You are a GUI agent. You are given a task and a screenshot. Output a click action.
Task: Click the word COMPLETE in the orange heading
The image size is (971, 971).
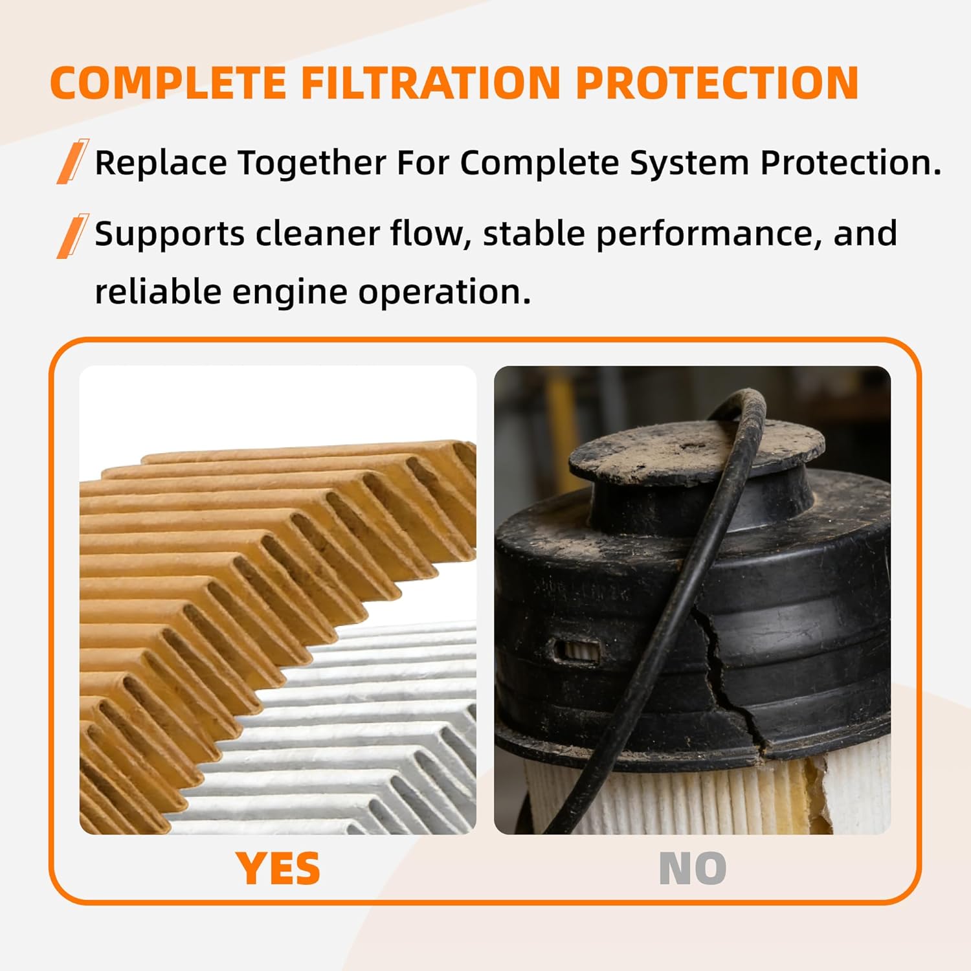(168, 84)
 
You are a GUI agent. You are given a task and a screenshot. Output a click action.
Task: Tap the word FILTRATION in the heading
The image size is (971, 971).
(430, 84)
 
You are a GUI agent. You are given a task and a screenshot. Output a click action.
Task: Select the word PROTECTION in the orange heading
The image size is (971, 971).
(717, 84)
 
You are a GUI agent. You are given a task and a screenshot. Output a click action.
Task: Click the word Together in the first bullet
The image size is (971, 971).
(312, 162)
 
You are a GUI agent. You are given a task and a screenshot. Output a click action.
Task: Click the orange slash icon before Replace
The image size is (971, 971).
(72, 161)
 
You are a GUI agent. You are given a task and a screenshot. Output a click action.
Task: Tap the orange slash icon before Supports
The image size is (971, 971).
(72, 236)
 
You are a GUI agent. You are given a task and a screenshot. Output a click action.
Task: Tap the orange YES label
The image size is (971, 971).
(278, 868)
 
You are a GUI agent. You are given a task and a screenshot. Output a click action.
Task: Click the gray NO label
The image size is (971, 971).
(692, 868)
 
